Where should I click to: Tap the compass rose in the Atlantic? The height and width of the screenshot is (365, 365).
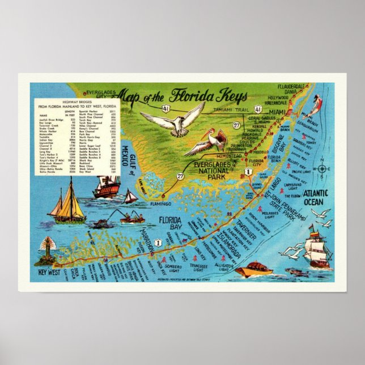(x=322, y=168)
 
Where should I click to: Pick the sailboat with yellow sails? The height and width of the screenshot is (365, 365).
(x=68, y=202)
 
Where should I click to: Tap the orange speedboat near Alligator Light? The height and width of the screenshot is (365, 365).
(x=254, y=269)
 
